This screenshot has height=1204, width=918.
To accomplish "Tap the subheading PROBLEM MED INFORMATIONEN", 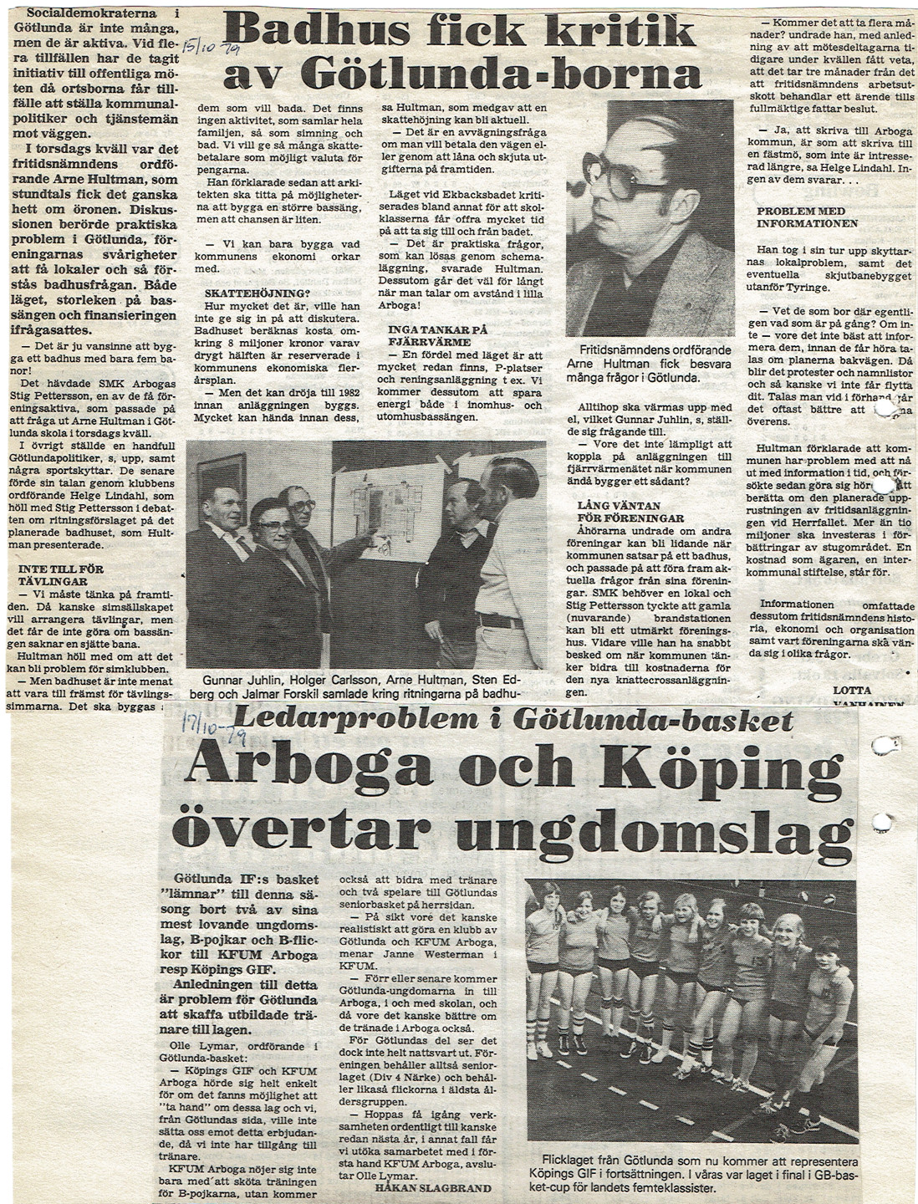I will (x=807, y=217).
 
